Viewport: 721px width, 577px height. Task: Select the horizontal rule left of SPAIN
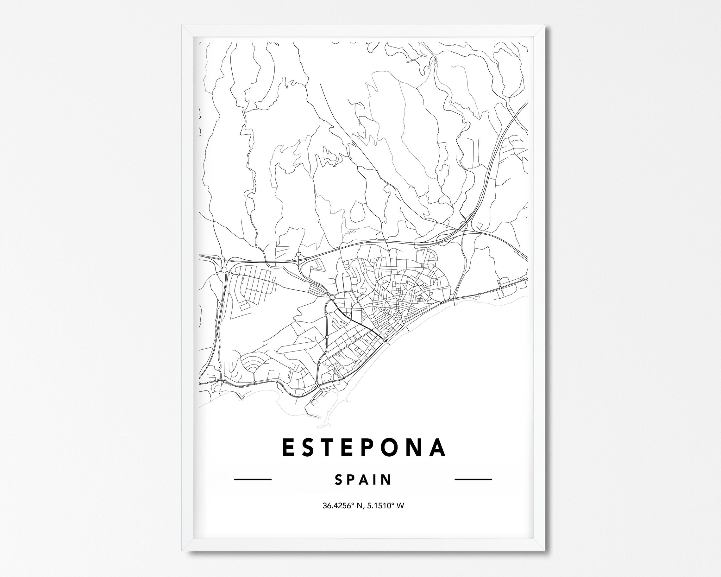click(x=253, y=479)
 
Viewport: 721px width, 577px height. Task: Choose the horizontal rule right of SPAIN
click(x=473, y=479)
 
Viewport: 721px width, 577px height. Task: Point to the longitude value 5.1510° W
click(x=387, y=505)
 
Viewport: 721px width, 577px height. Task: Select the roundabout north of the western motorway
click(x=298, y=254)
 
